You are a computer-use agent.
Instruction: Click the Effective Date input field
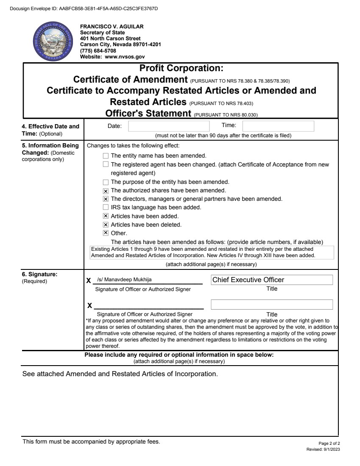pos(169,126)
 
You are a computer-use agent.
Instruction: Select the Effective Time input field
pos(278,126)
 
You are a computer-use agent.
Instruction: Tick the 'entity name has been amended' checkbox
pos(106,155)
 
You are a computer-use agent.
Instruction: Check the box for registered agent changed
pos(106,164)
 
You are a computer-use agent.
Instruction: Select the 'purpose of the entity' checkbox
pos(106,182)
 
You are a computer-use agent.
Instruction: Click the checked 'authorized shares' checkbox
pos(106,191)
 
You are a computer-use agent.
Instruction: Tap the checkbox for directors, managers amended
pos(106,199)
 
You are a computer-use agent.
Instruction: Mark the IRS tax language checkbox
pos(106,208)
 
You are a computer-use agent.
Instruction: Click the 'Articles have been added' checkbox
pos(106,216)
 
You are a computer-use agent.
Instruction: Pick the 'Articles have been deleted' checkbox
pos(106,225)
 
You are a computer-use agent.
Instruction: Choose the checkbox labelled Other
pos(106,233)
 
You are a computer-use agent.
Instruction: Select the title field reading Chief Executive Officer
pos(271,280)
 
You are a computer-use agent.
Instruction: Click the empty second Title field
pos(271,305)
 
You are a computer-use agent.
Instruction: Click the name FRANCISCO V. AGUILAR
pos(112,26)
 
